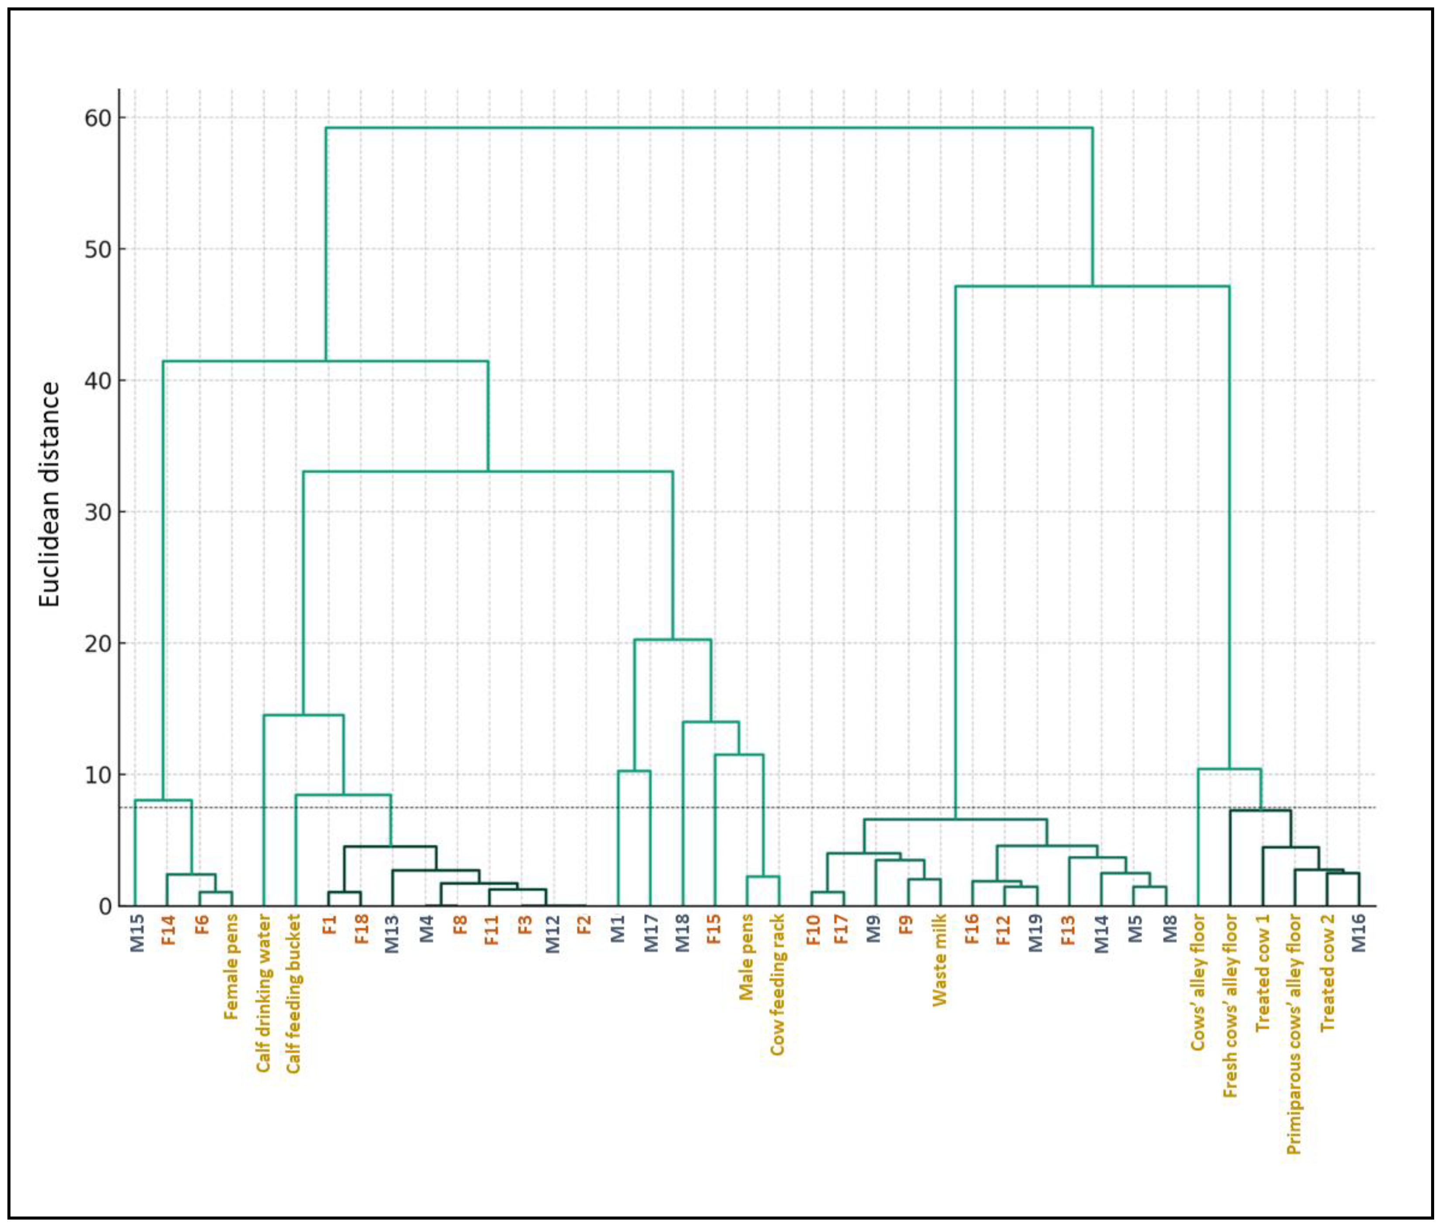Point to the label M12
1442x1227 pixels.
pos(552,934)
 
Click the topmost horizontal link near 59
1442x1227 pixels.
pos(708,128)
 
